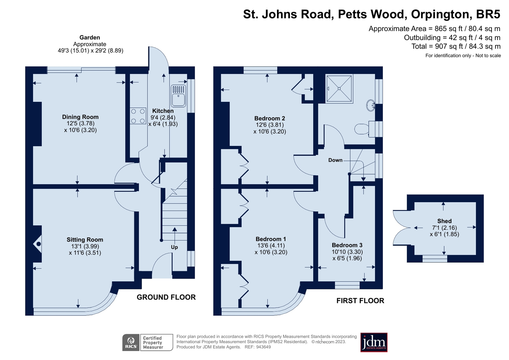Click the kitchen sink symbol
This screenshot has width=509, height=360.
click(x=178, y=96)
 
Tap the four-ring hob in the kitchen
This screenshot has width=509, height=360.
click(x=138, y=116)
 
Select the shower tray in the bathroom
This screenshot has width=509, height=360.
click(x=339, y=89)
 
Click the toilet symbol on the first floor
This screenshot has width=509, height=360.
click(x=362, y=129)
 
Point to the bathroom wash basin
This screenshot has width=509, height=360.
click(x=371, y=105)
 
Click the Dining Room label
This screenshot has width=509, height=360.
click(x=80, y=117)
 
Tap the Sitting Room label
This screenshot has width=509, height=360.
click(x=85, y=240)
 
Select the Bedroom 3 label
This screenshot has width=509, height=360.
click(x=347, y=245)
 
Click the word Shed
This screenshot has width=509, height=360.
click(x=444, y=221)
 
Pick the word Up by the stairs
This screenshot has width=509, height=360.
click(x=174, y=247)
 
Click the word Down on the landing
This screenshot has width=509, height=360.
click(x=335, y=160)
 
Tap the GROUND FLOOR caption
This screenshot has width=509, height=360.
click(x=166, y=297)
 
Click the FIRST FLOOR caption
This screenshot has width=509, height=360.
click(x=360, y=301)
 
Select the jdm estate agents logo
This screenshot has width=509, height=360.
click(x=374, y=342)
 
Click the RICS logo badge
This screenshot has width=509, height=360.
click(x=131, y=342)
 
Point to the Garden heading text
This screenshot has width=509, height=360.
click(x=89, y=38)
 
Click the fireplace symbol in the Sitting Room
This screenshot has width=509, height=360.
click(x=38, y=244)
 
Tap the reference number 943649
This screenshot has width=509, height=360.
click(x=263, y=347)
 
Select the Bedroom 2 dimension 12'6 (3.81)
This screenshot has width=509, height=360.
click(x=270, y=125)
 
